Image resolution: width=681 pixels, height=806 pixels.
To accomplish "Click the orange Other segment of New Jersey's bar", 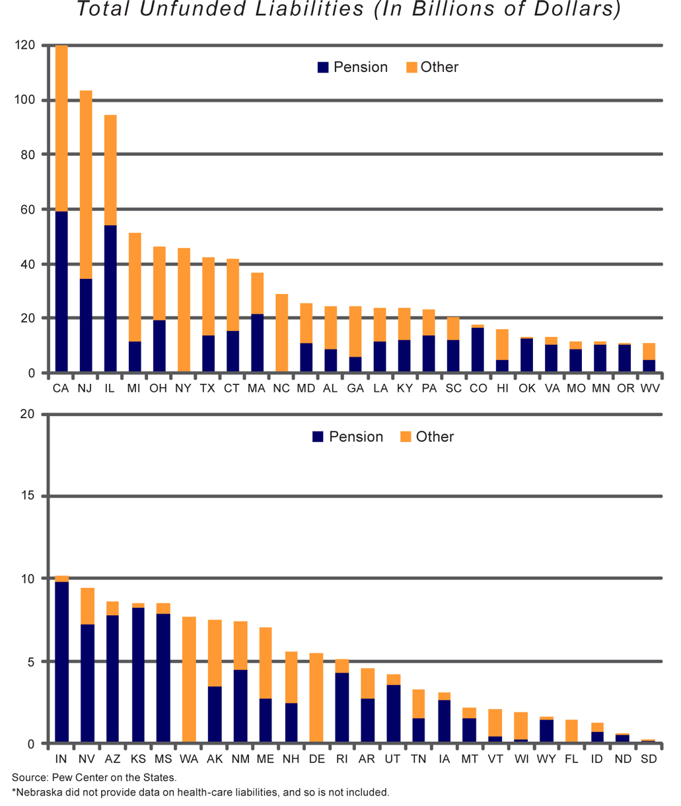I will (x=86, y=184).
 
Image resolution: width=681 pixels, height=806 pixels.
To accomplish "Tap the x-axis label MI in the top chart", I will (x=134, y=388).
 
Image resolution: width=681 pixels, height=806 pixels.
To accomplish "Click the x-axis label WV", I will (x=650, y=388).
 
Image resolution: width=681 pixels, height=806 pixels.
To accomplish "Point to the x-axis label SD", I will (x=649, y=759).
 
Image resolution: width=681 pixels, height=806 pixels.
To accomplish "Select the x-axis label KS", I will (x=138, y=759).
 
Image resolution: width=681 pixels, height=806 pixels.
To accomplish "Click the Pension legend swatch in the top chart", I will (x=323, y=67).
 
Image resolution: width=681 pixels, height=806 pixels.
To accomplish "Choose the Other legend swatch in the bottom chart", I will (x=406, y=437).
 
